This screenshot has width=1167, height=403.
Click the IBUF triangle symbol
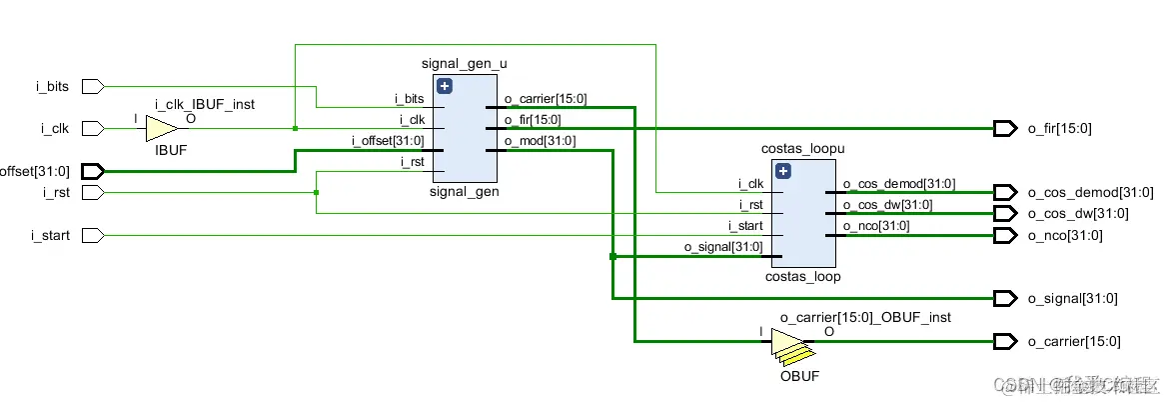coord(161,128)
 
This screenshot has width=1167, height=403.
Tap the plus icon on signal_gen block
coord(446,86)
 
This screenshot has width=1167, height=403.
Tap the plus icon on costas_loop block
coord(783,171)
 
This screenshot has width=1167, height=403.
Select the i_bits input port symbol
coord(92,87)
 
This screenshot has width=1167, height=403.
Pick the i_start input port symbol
coord(92,236)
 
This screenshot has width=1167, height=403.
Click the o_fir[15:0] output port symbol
coord(1005,128)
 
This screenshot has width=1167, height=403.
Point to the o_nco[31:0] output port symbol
coord(1005,236)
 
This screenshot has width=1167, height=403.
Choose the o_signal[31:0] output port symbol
coord(1005,298)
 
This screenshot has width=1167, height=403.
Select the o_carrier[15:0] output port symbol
coord(1005,342)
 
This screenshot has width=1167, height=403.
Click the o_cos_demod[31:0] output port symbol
coord(1005,192)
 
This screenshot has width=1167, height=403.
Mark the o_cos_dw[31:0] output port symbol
coord(1005,214)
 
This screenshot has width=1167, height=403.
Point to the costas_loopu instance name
coord(803,149)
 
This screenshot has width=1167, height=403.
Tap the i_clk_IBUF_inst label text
coord(204,104)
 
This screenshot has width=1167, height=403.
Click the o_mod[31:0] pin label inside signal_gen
coord(540,141)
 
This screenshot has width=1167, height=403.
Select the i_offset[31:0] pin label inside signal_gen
coord(388,141)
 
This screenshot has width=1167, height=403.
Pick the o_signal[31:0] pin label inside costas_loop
coord(723,247)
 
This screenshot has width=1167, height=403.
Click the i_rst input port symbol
coord(92,192)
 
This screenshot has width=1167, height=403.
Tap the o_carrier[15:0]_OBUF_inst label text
coord(865,317)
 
